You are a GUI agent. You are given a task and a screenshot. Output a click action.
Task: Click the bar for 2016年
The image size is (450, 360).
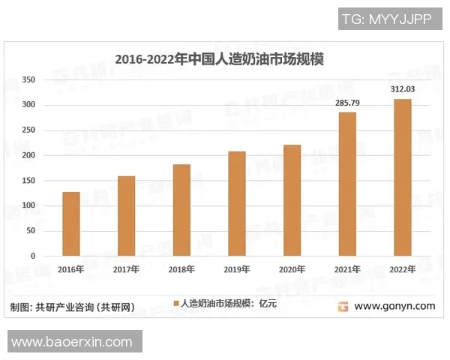(71, 223)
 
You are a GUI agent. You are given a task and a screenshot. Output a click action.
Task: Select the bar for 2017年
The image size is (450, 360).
(126, 216)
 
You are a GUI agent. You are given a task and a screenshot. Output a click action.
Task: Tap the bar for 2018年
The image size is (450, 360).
(181, 210)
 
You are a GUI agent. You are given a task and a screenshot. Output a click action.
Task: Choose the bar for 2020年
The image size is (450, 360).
(292, 200)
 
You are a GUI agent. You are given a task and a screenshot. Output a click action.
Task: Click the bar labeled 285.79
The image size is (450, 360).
(347, 184)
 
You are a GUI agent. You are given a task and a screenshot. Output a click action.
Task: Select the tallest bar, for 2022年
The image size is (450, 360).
(403, 177)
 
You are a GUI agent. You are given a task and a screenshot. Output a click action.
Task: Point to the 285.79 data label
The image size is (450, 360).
(347, 103)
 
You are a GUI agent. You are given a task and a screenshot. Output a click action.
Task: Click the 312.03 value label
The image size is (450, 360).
(403, 90)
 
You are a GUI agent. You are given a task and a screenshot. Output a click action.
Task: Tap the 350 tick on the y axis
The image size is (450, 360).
(28, 79)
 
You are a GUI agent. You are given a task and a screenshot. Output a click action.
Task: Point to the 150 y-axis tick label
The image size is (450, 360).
(28, 180)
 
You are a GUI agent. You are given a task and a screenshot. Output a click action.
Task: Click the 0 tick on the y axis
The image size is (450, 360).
(33, 256)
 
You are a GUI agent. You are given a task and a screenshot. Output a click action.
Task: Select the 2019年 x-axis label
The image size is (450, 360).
(236, 270)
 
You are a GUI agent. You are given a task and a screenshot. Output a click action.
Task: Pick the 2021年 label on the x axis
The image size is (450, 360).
(347, 270)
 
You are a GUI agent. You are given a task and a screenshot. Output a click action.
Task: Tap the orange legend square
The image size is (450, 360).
(177, 304)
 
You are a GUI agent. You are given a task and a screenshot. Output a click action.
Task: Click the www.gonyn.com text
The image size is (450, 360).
(394, 306)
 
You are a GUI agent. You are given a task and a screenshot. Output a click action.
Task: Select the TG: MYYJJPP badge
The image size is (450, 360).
(386, 19)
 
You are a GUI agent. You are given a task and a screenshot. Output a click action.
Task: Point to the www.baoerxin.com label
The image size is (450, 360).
(72, 342)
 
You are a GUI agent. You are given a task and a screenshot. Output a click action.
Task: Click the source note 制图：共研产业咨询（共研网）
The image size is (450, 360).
(73, 307)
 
